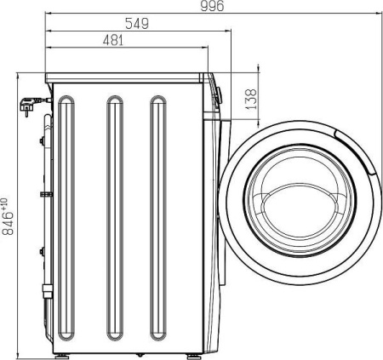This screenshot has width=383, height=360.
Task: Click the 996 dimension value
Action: tap(212, 6)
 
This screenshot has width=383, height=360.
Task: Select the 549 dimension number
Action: tap(137, 24)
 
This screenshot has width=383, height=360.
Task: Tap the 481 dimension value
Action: tap(113, 40)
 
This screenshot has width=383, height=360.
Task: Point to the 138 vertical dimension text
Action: tap(251, 100)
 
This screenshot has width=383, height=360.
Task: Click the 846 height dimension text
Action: tap(8, 223)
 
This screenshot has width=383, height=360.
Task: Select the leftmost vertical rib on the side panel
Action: tap(66, 218)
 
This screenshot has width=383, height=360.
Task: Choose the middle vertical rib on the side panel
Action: tap(115, 218)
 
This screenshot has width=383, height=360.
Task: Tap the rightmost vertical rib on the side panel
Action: tap(158, 218)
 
